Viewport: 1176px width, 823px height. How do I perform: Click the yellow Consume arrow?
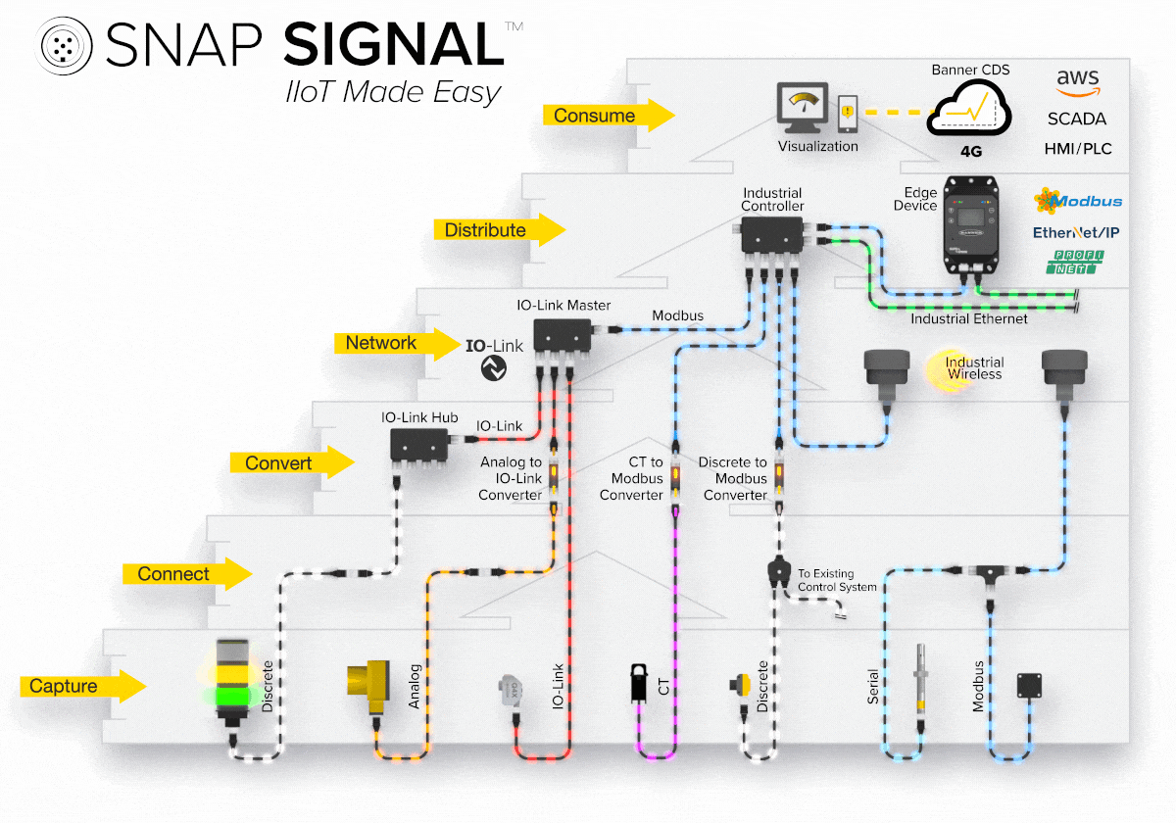coord(608,116)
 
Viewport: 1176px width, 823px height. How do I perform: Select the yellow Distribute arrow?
coord(499,230)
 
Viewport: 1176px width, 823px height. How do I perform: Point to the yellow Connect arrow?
coord(187,574)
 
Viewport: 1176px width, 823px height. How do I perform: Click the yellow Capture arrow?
coord(82,687)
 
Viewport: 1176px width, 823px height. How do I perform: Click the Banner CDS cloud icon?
coord(969,110)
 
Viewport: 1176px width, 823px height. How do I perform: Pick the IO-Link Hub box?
coord(420,446)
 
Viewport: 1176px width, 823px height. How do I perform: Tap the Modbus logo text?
coord(1078,201)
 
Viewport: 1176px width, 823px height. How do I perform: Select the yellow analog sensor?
coord(370,682)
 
